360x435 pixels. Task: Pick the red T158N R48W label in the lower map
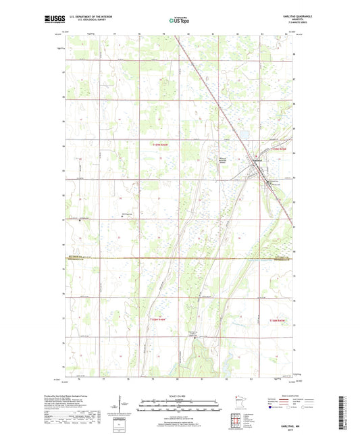[x=156, y=319]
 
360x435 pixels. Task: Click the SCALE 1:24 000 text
[x=179, y=395]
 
